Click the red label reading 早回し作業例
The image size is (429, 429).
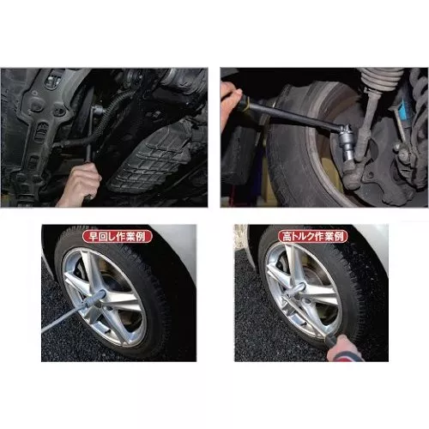117,236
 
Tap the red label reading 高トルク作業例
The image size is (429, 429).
313,236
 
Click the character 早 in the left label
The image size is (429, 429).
94,237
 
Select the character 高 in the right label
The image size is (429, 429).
287,237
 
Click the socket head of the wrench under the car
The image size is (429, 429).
98,109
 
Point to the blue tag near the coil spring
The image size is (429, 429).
404,110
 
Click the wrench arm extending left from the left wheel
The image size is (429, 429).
63,317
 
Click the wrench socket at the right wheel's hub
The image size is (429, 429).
298,290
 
